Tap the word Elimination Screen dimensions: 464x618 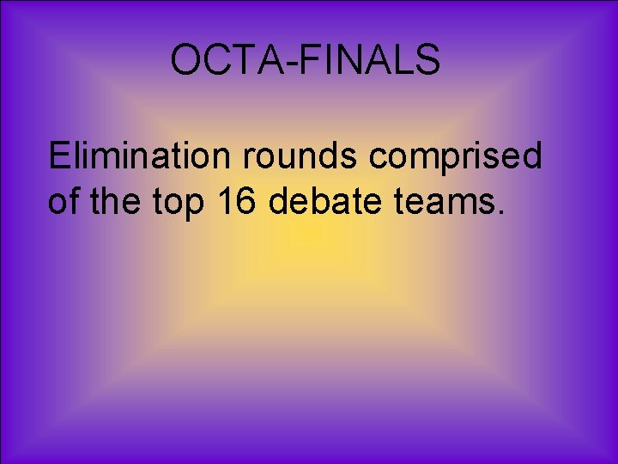(137, 156)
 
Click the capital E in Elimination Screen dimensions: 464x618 (58, 156)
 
